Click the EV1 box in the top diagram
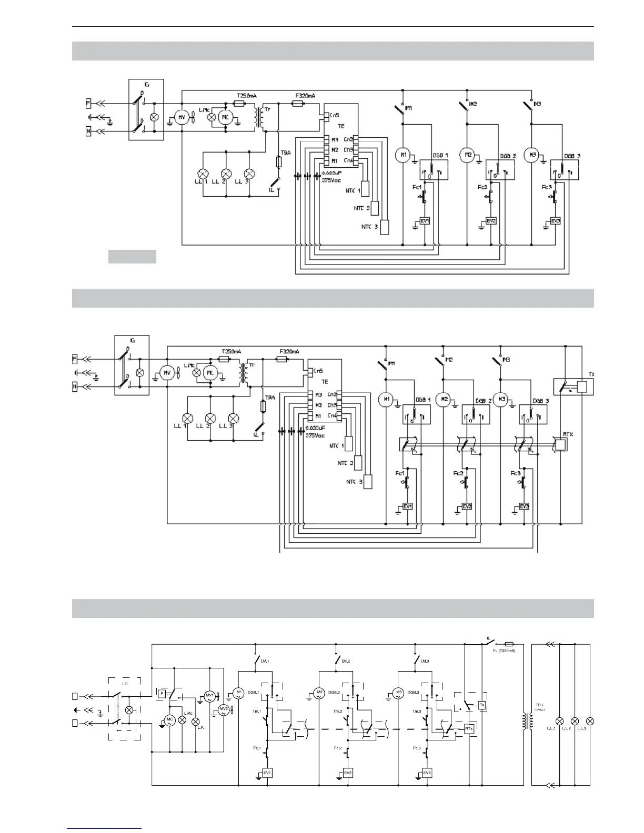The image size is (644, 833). click(425, 221)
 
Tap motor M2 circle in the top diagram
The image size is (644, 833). click(467, 155)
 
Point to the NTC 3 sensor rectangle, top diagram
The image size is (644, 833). click(385, 227)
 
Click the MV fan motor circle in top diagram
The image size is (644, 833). click(182, 118)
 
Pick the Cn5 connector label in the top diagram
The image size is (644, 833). click(334, 115)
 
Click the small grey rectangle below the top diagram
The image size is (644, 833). click(132, 257)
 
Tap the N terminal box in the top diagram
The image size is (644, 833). click(89, 131)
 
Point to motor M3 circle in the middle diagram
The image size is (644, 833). click(502, 400)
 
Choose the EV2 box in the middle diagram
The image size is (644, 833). click(467, 506)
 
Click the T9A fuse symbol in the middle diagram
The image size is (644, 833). click(263, 406)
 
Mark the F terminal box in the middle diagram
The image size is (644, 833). click(75, 359)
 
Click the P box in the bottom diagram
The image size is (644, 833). click(162, 694)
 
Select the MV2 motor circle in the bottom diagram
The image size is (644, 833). click(224, 710)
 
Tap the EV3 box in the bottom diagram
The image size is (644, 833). click(427, 773)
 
